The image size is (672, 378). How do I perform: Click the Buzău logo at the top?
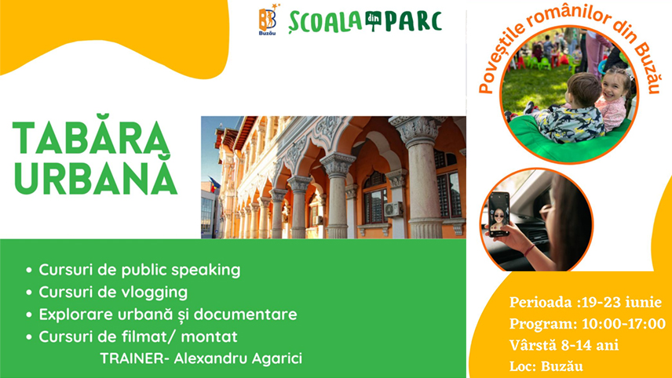point(268,21)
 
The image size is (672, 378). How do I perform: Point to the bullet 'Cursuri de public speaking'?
point(138,271)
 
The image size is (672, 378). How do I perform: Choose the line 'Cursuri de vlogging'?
point(112,293)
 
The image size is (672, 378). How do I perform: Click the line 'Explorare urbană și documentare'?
point(167,314)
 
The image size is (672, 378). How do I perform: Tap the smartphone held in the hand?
point(499,214)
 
